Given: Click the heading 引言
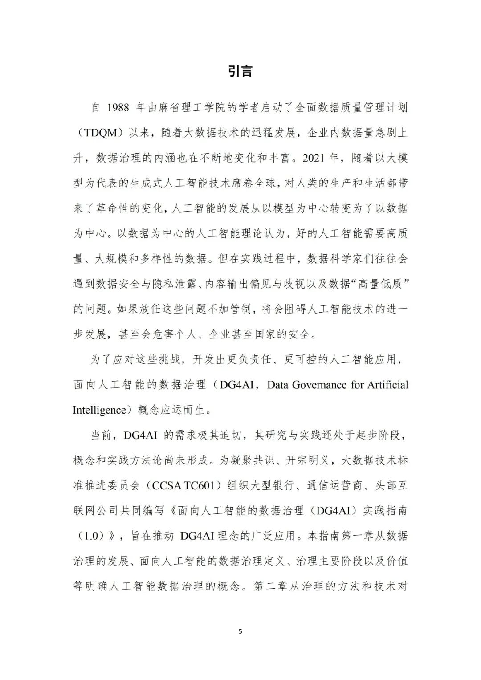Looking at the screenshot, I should (240, 70).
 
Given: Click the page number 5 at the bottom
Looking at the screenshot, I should (240, 631).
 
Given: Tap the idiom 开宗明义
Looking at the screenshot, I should (308, 460).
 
